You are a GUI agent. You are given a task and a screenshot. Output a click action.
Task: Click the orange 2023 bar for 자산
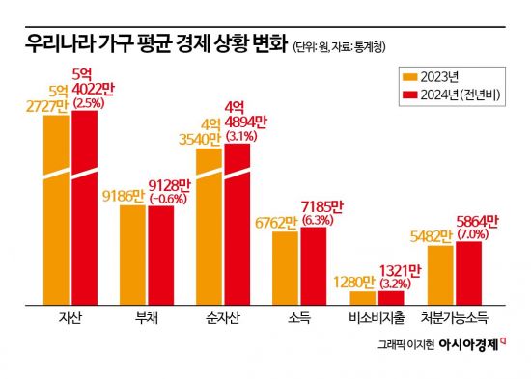57,212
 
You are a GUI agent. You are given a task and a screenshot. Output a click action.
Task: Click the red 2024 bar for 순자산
238,227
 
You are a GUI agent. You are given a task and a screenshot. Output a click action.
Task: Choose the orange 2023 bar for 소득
284,269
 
